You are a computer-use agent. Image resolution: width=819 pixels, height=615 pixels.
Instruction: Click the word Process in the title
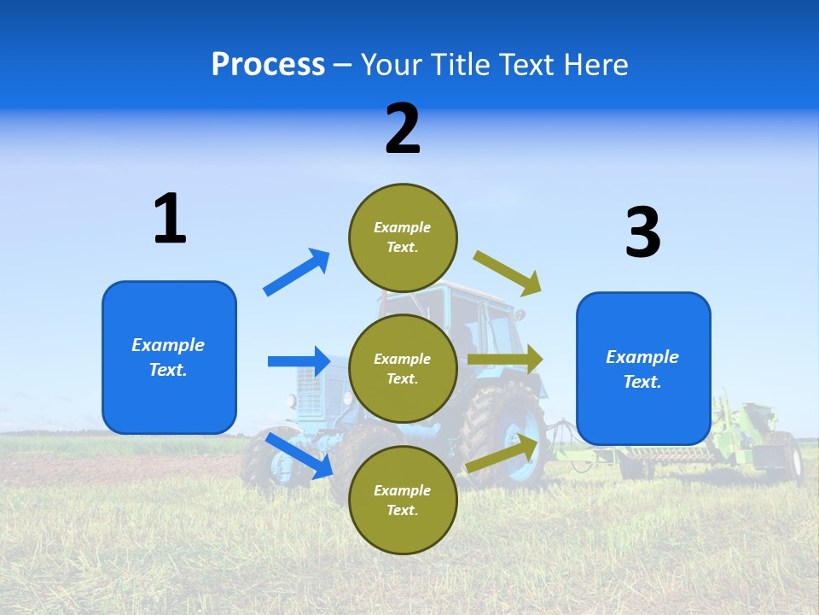[x=268, y=64]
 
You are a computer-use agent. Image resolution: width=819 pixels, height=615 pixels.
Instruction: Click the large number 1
[x=170, y=219]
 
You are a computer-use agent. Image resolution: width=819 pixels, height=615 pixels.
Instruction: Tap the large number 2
[x=403, y=129]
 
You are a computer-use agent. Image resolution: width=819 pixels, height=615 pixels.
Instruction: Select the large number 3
[x=642, y=232]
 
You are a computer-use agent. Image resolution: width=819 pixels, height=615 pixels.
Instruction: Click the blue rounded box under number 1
[x=169, y=357]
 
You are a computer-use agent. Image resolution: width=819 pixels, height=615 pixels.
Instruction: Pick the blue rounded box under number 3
[x=643, y=368]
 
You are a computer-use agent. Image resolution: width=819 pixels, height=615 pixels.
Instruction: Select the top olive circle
[x=403, y=237]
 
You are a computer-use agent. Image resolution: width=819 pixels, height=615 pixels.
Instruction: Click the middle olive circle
[x=403, y=368]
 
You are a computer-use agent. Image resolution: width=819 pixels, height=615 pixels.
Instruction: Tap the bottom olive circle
[x=403, y=500]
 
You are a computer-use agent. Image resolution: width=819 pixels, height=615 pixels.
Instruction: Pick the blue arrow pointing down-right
[x=299, y=455]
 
